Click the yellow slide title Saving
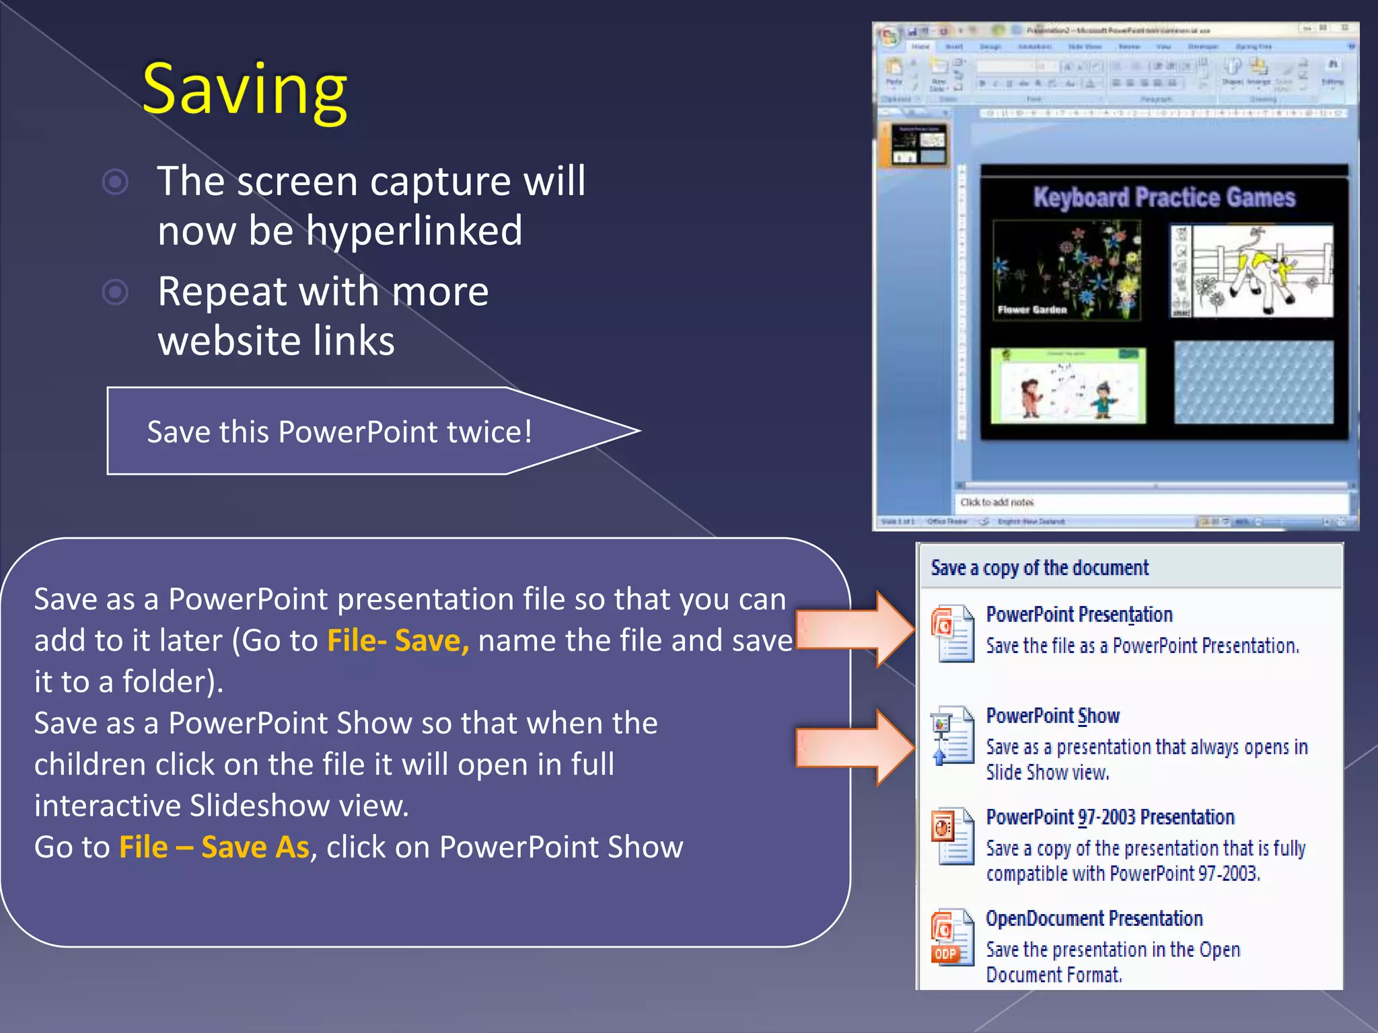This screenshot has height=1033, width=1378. pyautogui.click(x=245, y=90)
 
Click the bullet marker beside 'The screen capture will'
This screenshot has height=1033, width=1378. pyautogui.click(x=116, y=182)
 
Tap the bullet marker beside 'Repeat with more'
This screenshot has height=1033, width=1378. pyautogui.click(x=116, y=292)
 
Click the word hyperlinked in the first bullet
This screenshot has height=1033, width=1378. pyautogui.click(x=414, y=231)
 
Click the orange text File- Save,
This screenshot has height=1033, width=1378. pyautogui.click(x=398, y=640)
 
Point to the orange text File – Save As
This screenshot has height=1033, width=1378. pyautogui.click(x=214, y=847)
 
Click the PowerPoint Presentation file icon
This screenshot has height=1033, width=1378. pyautogui.click(x=952, y=634)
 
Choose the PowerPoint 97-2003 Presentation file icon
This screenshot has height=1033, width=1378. pyautogui.click(x=952, y=836)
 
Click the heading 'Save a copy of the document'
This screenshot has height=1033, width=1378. pyautogui.click(x=1040, y=568)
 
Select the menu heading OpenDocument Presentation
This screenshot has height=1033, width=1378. pyautogui.click(x=1094, y=919)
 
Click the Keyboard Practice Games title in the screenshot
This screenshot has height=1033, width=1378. pyautogui.click(x=1164, y=198)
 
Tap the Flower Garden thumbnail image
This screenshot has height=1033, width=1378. pyautogui.click(x=1067, y=270)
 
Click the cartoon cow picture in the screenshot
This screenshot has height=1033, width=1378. pyautogui.click(x=1252, y=271)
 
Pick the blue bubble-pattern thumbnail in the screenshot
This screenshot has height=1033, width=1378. pyautogui.click(x=1254, y=382)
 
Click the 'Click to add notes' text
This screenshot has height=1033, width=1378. pyautogui.click(x=996, y=502)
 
